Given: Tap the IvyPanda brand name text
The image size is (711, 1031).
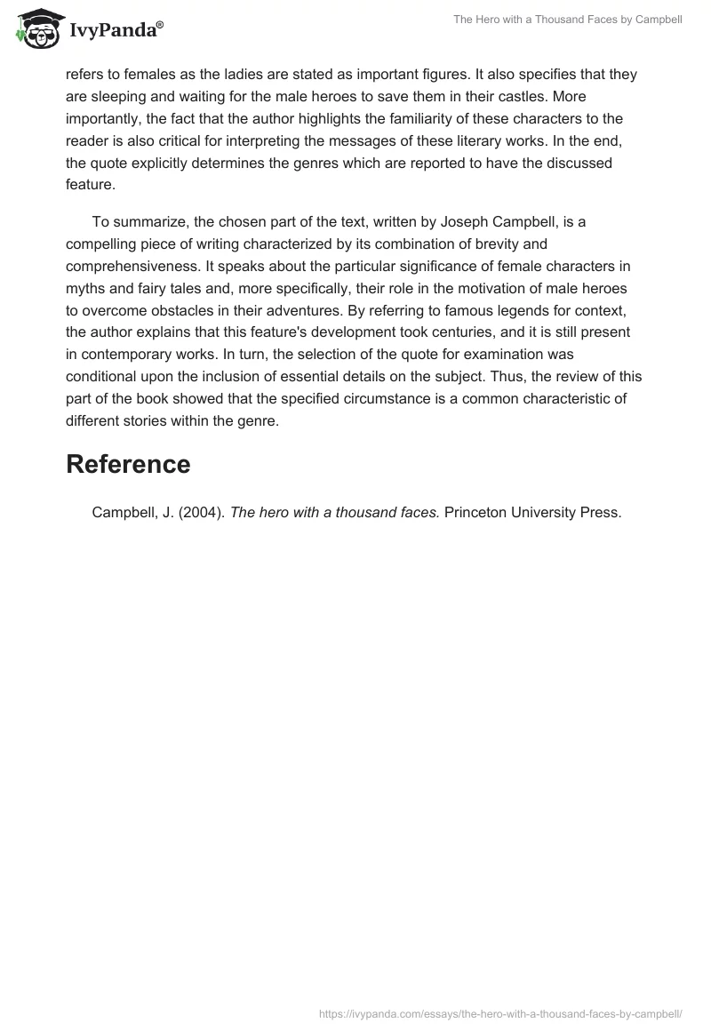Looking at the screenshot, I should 116,29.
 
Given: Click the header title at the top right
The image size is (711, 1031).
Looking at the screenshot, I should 567,20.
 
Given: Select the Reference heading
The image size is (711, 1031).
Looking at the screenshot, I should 128,464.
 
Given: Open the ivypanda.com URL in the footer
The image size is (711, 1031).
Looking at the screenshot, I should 500,1013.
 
